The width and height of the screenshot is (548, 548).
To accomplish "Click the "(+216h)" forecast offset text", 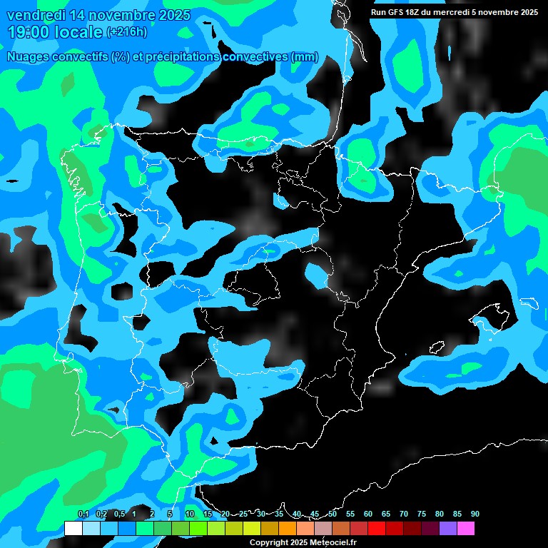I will tap(126, 31).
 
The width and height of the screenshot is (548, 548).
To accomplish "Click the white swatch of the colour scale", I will tap(73, 528).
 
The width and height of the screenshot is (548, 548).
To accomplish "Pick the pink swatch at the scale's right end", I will tap(465, 528).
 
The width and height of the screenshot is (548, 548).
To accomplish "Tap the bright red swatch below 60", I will tap(376, 528).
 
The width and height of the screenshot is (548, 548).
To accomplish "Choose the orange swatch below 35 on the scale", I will tap(287, 528).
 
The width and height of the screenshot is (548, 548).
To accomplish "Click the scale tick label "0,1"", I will tap(83, 514).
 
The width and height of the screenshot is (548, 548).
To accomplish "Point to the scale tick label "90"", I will tap(475, 514).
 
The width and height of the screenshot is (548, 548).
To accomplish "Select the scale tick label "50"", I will tap(333, 514).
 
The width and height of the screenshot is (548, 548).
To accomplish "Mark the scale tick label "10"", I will tap(190, 514).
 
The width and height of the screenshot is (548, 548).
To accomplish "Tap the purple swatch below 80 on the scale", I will tap(447, 528).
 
